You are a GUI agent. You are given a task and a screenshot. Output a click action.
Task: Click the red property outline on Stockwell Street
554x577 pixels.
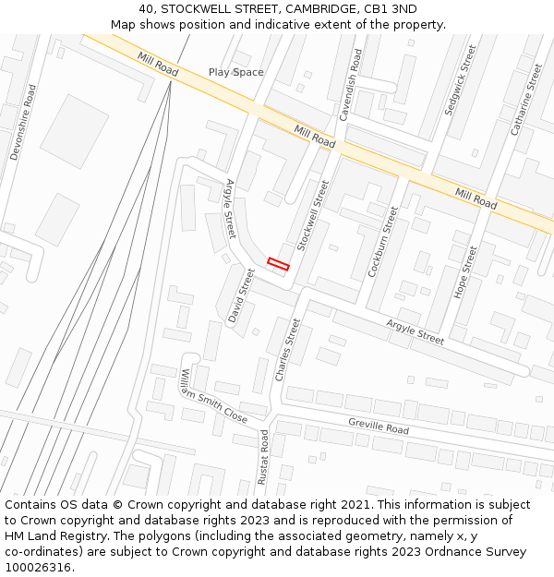click(x=278, y=264)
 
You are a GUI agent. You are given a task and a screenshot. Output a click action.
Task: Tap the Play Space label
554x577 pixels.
click(x=235, y=72)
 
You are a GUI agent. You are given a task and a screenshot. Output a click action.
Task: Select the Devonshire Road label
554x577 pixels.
click(x=24, y=123)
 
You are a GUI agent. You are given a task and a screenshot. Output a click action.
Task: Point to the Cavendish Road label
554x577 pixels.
click(x=352, y=85)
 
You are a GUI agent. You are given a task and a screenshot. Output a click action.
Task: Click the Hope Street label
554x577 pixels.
click(x=465, y=271)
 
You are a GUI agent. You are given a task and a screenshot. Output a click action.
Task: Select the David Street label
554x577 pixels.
click(x=241, y=295)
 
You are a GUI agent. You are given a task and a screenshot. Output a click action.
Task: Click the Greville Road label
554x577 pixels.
click(x=378, y=425)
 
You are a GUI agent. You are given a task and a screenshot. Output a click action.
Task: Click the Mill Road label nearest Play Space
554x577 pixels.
click(x=158, y=64)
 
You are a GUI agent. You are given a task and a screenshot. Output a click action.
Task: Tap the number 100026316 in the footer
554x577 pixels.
click(x=38, y=567)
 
